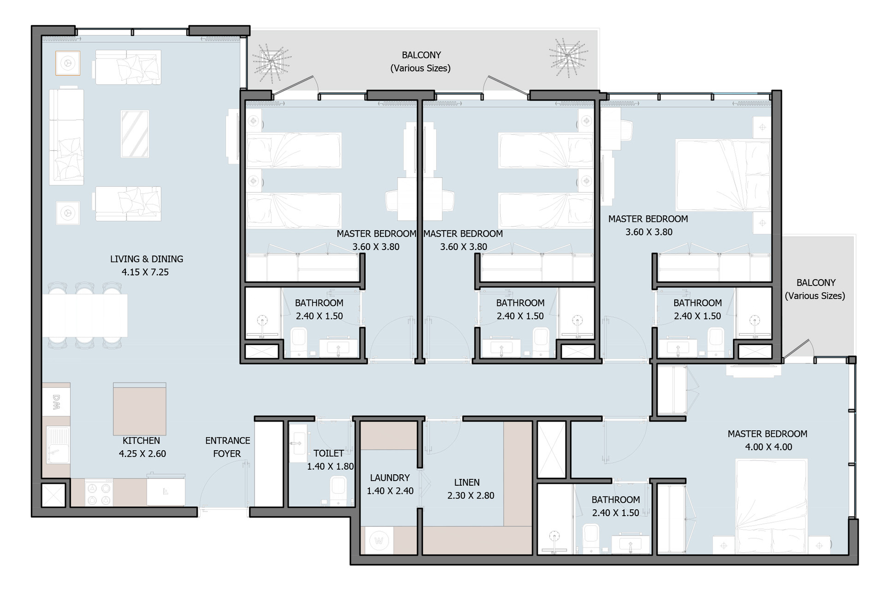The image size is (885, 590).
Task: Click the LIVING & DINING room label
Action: (x=147, y=259)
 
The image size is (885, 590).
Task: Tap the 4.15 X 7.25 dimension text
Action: (x=145, y=272)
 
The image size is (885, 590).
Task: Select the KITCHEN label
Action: (x=141, y=441)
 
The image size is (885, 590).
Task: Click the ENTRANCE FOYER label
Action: (x=227, y=447)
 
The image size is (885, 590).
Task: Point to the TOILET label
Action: (x=328, y=453)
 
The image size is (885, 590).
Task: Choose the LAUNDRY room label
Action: (x=390, y=478)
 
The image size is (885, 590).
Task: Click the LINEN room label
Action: (x=467, y=483)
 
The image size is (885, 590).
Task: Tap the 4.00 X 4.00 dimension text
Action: (x=768, y=447)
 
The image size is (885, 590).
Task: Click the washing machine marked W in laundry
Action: (x=379, y=541)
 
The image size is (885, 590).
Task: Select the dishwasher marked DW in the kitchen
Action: (x=56, y=402)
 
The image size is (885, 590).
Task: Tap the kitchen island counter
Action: (x=139, y=409)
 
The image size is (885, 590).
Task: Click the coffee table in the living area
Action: (x=135, y=134)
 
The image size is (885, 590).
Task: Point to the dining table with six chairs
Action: (x=85, y=316)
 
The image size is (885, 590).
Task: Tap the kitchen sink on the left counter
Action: (x=56, y=445)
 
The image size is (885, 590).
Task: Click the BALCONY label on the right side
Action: (x=816, y=283)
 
